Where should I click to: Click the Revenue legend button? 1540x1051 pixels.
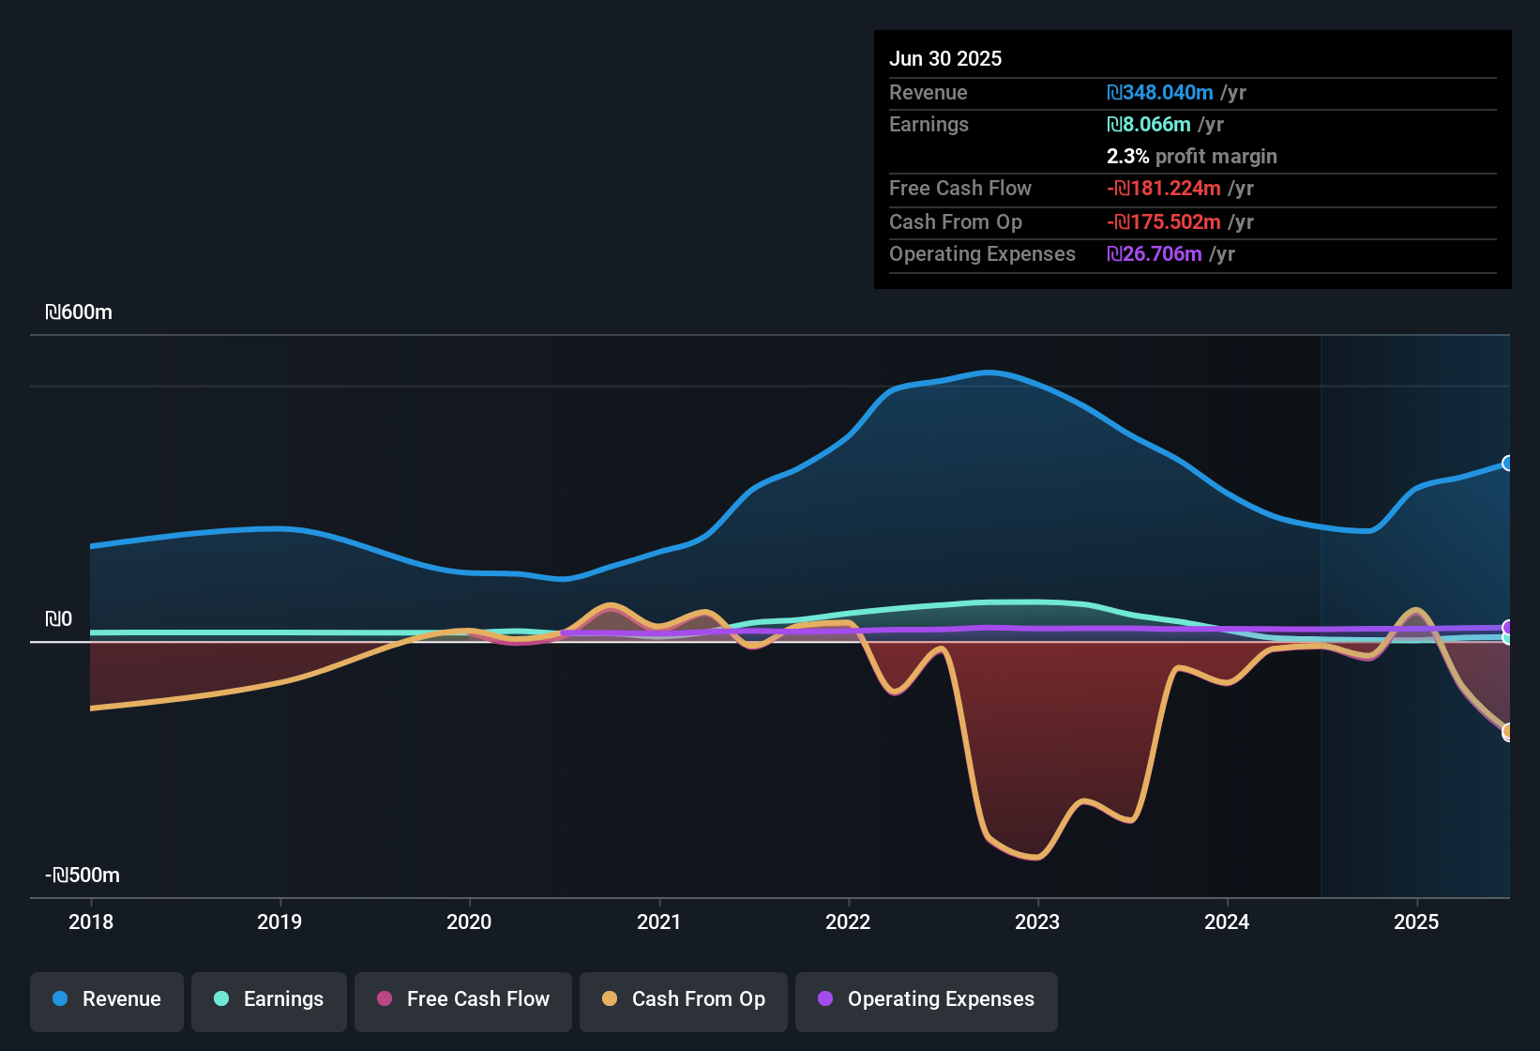point(107,999)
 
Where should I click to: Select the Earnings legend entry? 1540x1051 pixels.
point(269,999)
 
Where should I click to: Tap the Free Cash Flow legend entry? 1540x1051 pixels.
point(463,999)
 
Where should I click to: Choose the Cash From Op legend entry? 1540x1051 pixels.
point(684,999)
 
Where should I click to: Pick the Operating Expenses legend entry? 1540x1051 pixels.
point(927,999)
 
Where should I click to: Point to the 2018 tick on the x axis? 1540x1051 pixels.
point(91,922)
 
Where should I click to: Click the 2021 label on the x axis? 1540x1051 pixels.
point(658,922)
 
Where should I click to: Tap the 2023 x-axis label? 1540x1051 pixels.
point(1037,922)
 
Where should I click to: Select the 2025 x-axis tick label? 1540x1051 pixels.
point(1416,922)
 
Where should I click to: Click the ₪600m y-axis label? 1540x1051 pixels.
point(79,312)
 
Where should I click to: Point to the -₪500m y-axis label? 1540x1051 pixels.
point(83,876)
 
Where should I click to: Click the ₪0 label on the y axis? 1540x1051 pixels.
point(58,619)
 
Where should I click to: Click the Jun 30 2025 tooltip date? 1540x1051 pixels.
point(945,58)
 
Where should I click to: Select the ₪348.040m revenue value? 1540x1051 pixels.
point(1160,93)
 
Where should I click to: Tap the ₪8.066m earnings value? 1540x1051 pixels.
point(1149,125)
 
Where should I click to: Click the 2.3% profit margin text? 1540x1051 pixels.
point(1191,157)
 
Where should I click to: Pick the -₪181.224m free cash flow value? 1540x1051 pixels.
point(1164,189)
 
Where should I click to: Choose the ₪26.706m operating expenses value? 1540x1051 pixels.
point(1155,254)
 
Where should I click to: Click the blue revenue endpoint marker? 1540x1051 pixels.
point(1508,464)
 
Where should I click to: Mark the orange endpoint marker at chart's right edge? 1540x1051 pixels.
point(1508,732)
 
